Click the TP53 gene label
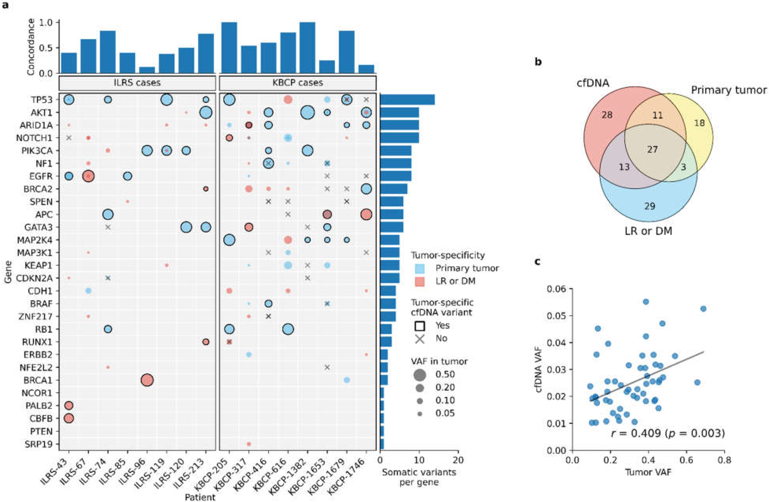[x=41, y=99]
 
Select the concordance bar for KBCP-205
[x=229, y=48]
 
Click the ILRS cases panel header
[x=137, y=83]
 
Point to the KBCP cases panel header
[x=298, y=83]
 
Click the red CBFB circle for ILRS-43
[x=69, y=418]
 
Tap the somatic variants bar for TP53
[x=407, y=99]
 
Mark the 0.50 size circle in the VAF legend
[x=419, y=375]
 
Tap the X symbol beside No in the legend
[x=419, y=338]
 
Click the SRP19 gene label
[x=39, y=444]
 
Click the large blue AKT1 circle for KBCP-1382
[x=308, y=112]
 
